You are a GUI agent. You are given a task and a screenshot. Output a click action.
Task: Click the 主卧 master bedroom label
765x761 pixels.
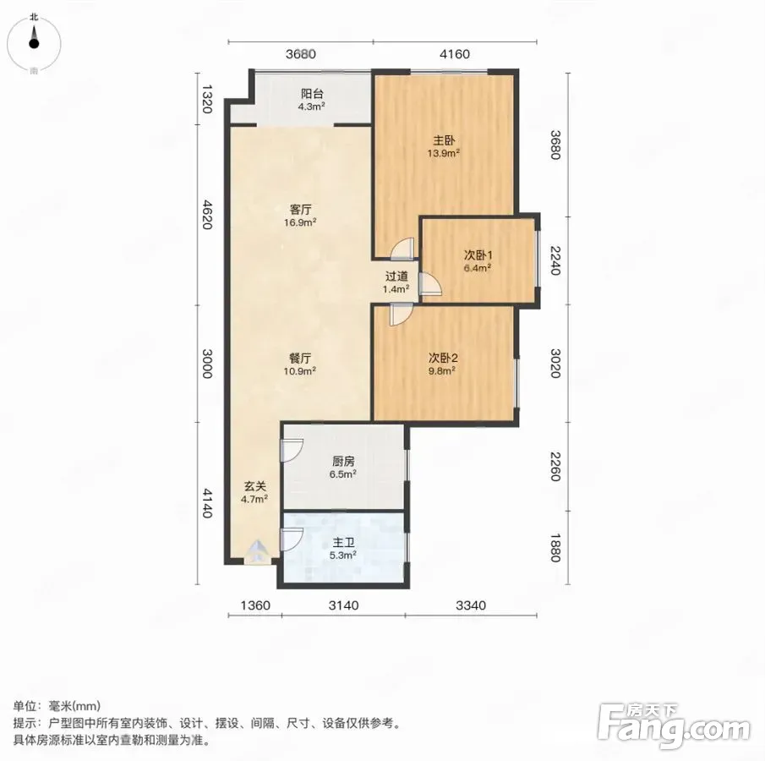coord(444,140)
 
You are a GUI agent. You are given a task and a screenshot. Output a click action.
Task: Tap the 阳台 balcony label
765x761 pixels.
coord(312,94)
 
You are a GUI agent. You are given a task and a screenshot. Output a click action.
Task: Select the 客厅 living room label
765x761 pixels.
coord(300,210)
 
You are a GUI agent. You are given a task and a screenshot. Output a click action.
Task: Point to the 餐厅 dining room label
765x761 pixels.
coord(300,359)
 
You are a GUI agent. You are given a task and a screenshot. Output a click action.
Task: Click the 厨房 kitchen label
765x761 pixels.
coord(343,462)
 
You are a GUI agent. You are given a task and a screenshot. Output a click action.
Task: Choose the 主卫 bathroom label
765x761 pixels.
coord(343,542)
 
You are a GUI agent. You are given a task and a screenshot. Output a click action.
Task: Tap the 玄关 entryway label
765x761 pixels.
coord(254,486)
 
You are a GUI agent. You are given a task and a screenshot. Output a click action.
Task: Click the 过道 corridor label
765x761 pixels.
coord(396,276)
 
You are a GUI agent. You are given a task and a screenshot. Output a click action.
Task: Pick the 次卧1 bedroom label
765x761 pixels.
coord(478,255)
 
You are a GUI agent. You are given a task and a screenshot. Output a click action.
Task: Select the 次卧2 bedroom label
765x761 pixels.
coord(442,358)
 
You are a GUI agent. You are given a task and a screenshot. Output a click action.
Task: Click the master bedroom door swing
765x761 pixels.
coord(402,249)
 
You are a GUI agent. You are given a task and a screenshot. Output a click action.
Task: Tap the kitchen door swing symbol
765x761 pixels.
coord(292,450)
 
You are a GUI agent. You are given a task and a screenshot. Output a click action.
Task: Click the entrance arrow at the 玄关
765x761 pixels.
coord(257,551)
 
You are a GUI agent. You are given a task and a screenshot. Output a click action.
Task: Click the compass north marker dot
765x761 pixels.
coord(34,44)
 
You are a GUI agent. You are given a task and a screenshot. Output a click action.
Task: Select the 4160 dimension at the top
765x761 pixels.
coord(455,54)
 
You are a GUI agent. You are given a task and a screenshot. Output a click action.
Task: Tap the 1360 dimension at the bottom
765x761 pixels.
coord(255,605)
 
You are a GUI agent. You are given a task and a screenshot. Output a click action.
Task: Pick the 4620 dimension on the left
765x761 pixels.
coord(207,214)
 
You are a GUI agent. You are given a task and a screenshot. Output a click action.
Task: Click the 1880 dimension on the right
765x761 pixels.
coord(555,548)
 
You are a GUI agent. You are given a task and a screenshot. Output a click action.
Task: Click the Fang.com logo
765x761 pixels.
coord(674,725)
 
